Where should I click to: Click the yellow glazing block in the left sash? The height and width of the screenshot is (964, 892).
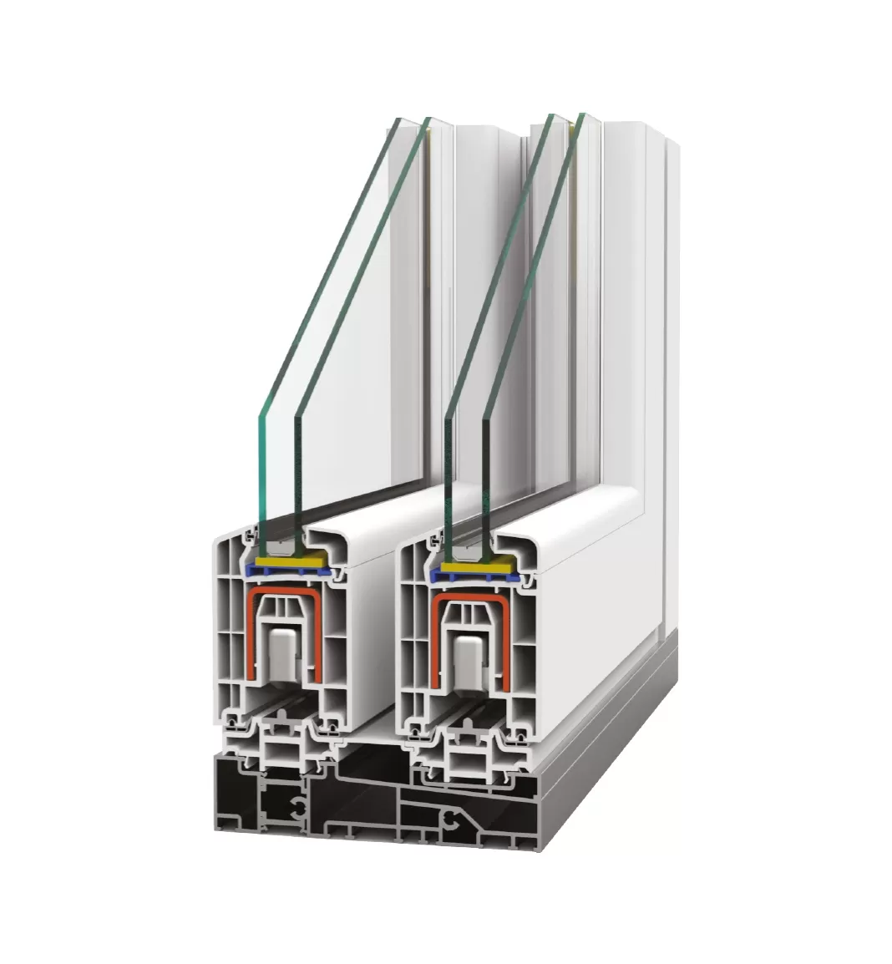288,561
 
